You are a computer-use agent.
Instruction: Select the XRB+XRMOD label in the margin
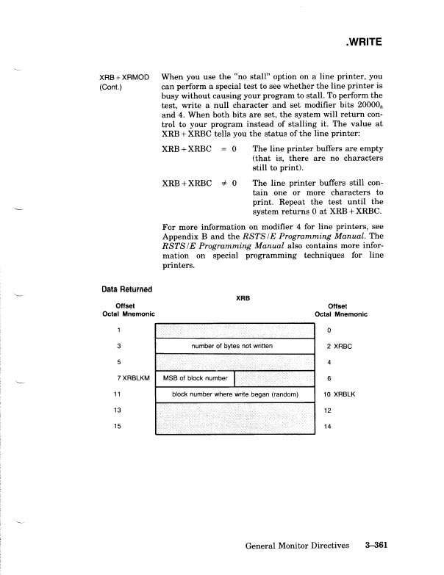tap(123, 76)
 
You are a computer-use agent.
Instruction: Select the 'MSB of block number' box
tap(194, 378)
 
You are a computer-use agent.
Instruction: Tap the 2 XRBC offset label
tap(334, 346)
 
